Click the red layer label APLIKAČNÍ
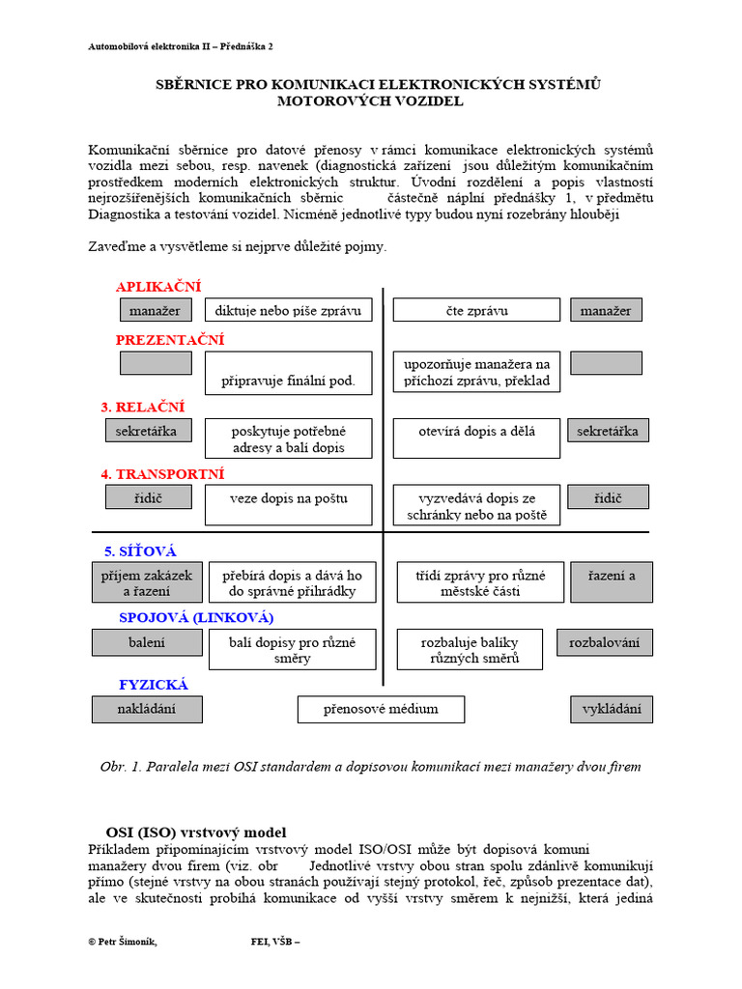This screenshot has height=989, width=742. pos(158,287)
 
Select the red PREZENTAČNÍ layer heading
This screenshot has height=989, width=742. pos(170,340)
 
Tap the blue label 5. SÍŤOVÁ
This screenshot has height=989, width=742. pos(140,551)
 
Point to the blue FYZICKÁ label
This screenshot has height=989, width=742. pos(154,685)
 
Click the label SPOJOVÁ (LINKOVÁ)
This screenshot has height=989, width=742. pos(196,617)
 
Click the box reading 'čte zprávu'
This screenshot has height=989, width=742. pos(476,310)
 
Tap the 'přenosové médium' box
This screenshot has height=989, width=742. pos(381,709)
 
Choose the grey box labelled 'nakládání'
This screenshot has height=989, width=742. pos(147,709)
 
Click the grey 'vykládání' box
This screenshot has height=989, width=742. pos(611,709)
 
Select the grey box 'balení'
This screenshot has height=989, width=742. pos(147,642)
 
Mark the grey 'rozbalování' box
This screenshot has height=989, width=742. pos(604,642)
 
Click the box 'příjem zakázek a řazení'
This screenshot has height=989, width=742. pos(147,582)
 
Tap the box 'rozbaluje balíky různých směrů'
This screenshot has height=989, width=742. pos(471,649)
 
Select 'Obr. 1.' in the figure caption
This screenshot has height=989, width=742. pos(121,767)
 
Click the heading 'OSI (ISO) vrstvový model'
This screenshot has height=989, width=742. pos(195,832)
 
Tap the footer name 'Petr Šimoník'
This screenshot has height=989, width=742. pos(127,943)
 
